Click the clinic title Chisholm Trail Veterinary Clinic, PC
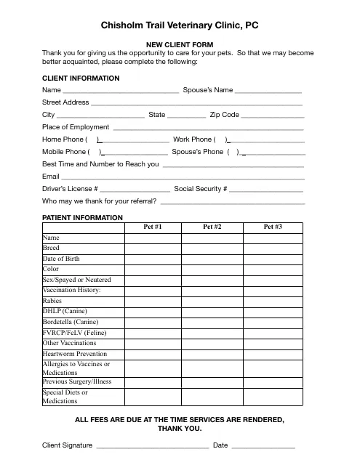(x=180, y=26)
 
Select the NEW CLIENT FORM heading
(x=180, y=44)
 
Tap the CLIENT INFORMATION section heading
(x=81, y=78)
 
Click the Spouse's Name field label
(x=208, y=90)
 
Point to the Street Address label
(x=65, y=102)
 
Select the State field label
(x=156, y=115)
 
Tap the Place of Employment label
(x=76, y=127)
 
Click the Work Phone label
(x=193, y=139)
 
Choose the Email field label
(x=51, y=177)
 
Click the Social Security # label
(x=201, y=189)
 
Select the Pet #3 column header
(x=273, y=227)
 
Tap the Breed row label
(x=52, y=248)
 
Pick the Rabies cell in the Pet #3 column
(x=273, y=301)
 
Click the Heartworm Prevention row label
(x=75, y=354)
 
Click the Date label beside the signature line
(x=220, y=445)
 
